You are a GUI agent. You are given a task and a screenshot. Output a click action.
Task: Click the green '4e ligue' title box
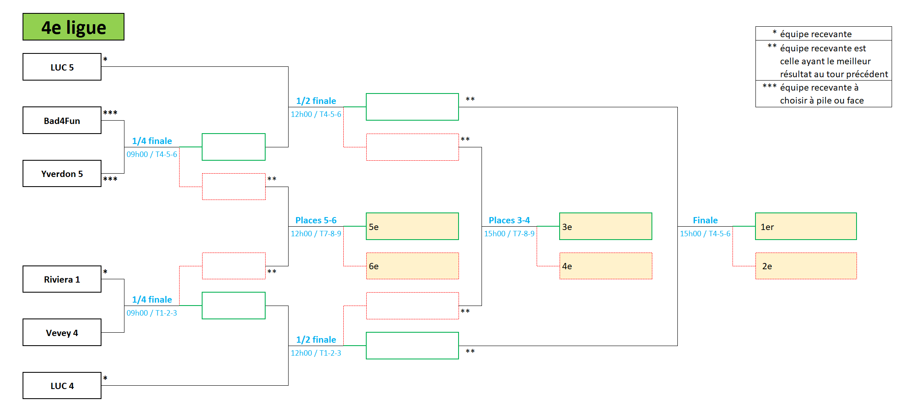tap(74, 27)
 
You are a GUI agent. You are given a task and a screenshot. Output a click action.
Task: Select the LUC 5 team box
tap(62, 67)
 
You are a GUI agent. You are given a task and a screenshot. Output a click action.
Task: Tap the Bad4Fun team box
tap(62, 121)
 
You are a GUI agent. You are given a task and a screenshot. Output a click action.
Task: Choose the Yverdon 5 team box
tap(62, 174)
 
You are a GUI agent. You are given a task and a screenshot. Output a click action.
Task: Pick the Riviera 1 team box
tap(62, 279)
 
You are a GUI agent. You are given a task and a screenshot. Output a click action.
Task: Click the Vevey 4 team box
tap(62, 333)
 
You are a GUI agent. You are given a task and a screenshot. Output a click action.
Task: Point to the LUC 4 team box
tap(62, 386)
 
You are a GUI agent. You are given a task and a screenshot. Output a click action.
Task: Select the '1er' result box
tap(806, 227)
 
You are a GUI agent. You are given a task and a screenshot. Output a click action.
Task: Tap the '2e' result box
tap(806, 266)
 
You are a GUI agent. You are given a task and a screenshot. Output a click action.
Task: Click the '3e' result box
tap(606, 227)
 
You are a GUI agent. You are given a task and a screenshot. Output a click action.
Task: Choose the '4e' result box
tap(606, 266)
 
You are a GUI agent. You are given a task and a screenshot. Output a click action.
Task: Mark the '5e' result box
tap(412, 227)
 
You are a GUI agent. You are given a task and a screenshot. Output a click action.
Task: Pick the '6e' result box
tap(412, 266)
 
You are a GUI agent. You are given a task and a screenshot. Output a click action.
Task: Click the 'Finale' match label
tap(705, 220)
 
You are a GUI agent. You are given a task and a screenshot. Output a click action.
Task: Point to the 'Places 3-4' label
tap(509, 220)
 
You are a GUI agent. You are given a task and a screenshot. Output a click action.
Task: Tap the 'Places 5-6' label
tap(316, 220)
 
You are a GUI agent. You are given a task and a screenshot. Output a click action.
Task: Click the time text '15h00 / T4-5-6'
tap(705, 234)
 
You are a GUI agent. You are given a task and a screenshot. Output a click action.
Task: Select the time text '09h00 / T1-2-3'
tap(152, 313)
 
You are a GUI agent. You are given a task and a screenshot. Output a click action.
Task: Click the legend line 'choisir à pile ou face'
tap(821, 101)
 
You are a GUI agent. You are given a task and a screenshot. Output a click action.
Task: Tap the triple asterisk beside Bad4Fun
tap(110, 113)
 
